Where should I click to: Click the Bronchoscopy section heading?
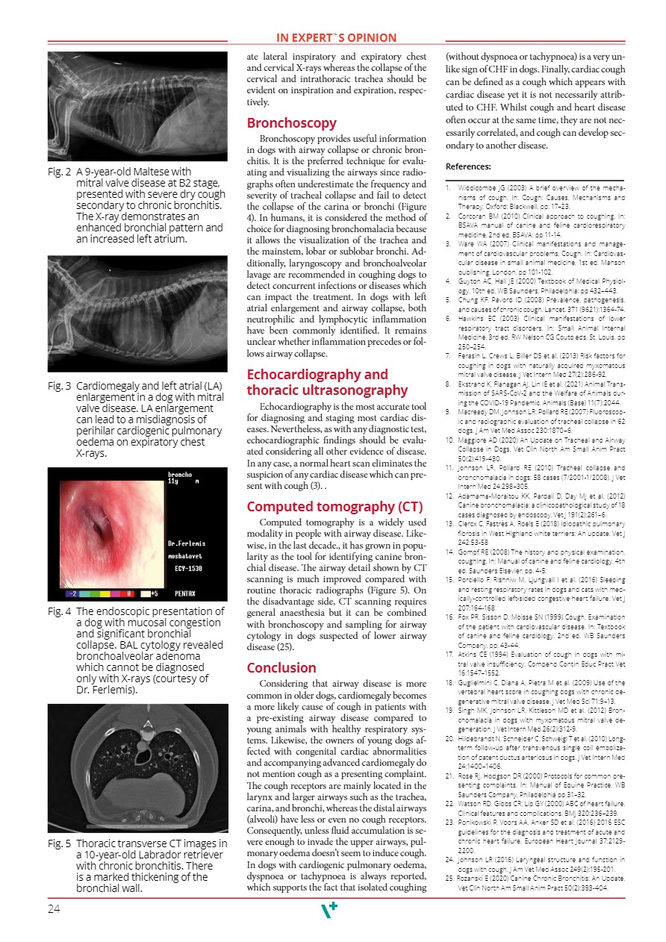coord(291,123)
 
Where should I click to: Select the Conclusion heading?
coord(281,667)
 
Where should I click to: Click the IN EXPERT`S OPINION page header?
coord(336,38)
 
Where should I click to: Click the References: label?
coord(467,166)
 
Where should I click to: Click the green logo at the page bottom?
coord(329,910)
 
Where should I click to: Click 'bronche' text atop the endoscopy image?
coord(181,474)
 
